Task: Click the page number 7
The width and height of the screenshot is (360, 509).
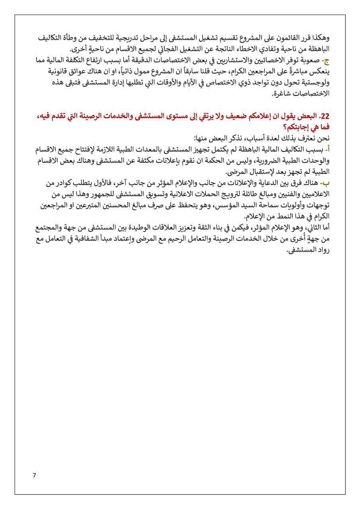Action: coord(34,475)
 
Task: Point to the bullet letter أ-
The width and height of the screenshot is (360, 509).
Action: coord(325,148)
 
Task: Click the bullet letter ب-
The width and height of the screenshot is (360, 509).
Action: coord(323,182)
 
